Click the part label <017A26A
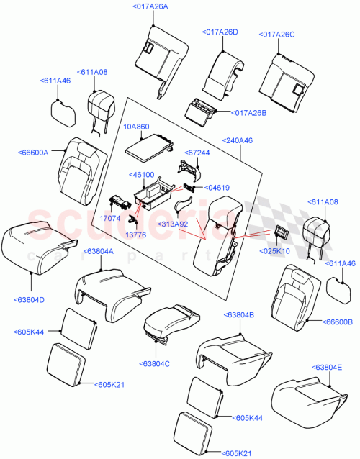pos(150,6)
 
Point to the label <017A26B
pos(248,112)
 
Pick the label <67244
pos(197,153)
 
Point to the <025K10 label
pos(276,251)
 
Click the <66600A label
pos(32,153)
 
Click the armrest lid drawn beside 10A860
pos(147,149)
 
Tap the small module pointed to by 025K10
pos(280,231)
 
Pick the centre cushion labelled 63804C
pos(170,321)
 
